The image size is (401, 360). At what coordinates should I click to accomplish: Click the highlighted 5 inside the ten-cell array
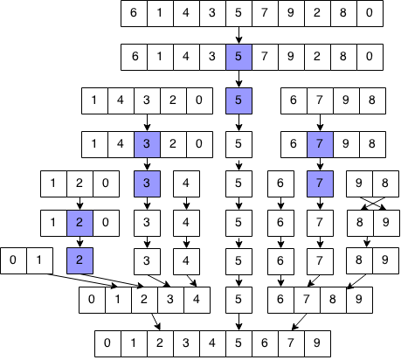click(239, 57)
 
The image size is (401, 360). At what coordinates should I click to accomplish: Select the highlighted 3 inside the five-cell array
click(147, 144)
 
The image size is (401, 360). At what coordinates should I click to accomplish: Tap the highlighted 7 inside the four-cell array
click(320, 144)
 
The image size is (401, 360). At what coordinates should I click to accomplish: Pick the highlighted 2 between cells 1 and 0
click(80, 223)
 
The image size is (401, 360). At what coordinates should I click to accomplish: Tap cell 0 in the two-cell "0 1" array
click(13, 260)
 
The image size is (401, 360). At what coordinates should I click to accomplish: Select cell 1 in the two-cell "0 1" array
click(40, 260)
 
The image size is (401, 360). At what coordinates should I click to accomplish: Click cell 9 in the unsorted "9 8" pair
click(359, 183)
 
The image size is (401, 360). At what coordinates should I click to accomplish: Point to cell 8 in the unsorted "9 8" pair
click(385, 183)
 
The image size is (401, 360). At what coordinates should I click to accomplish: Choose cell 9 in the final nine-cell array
click(318, 343)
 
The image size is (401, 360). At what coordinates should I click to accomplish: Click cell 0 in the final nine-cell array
click(107, 343)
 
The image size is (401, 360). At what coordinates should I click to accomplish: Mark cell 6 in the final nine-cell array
click(265, 343)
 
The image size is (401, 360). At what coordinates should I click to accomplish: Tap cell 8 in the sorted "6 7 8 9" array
click(333, 300)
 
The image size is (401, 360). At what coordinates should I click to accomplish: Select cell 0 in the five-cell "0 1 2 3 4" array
click(92, 300)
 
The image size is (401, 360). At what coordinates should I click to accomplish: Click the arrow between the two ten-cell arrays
click(239, 35)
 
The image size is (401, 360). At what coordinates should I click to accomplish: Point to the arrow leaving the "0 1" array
click(82, 280)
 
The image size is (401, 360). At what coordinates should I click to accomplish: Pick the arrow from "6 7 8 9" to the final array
click(299, 322)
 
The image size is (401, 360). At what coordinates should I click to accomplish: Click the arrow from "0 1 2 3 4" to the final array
click(156, 322)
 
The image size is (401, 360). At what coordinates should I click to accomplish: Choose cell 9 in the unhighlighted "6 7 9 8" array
click(346, 100)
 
